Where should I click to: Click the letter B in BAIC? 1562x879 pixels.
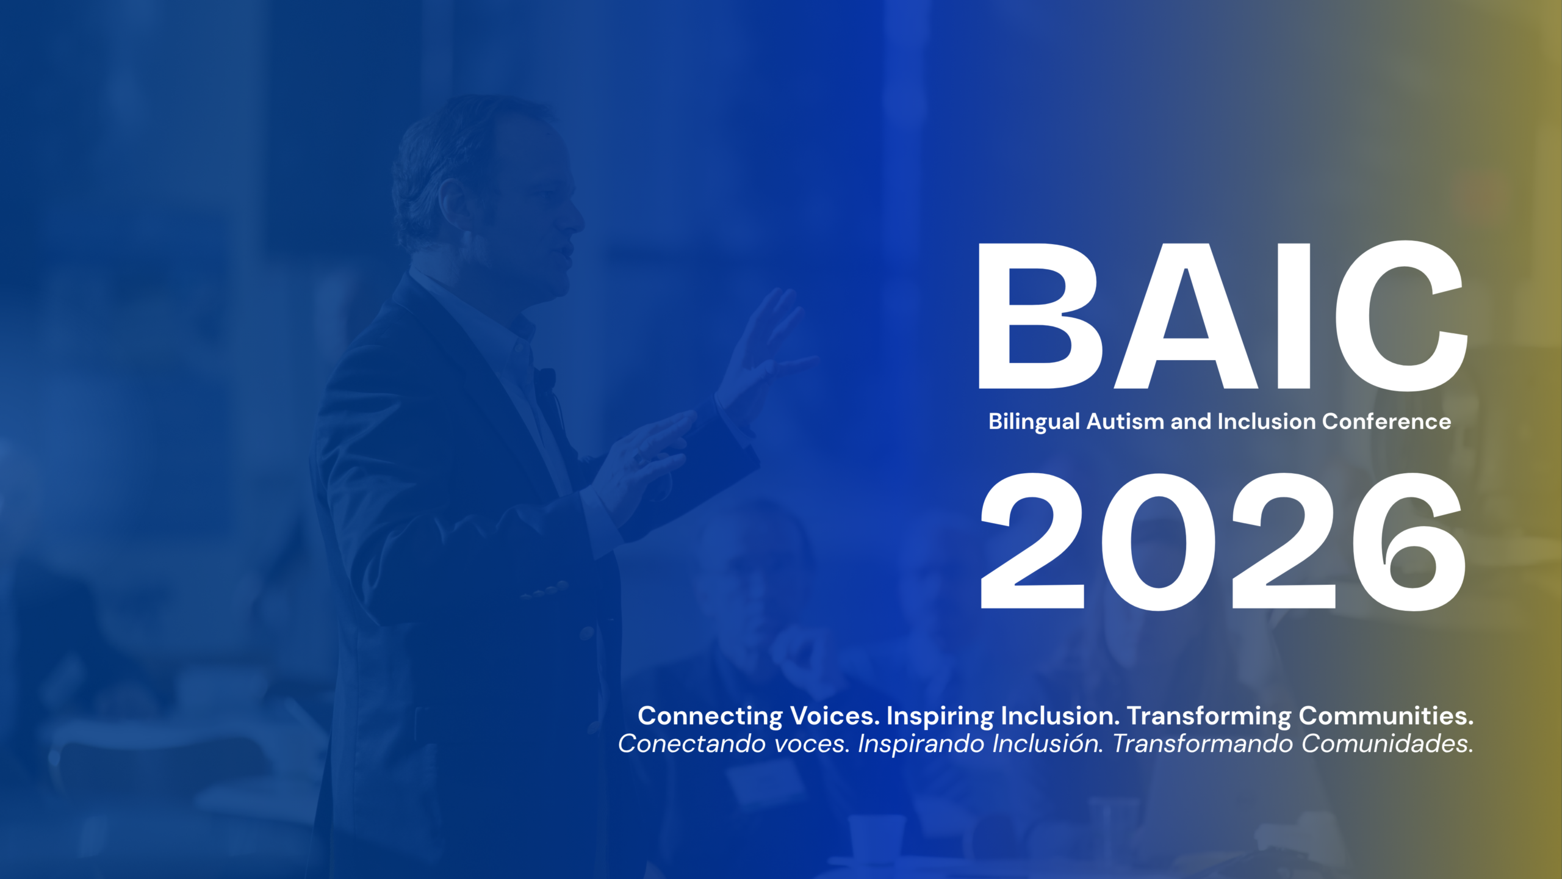click(1037, 316)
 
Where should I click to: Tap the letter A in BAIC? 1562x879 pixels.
click(1186, 316)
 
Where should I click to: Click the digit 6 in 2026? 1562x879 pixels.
click(1409, 541)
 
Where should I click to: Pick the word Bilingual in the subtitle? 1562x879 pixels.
click(1034, 422)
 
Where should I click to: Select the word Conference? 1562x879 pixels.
click(1387, 421)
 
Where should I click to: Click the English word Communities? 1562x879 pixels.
click(1386, 715)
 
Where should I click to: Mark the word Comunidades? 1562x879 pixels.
click(1387, 743)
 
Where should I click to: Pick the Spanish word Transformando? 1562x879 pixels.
click(1203, 743)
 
